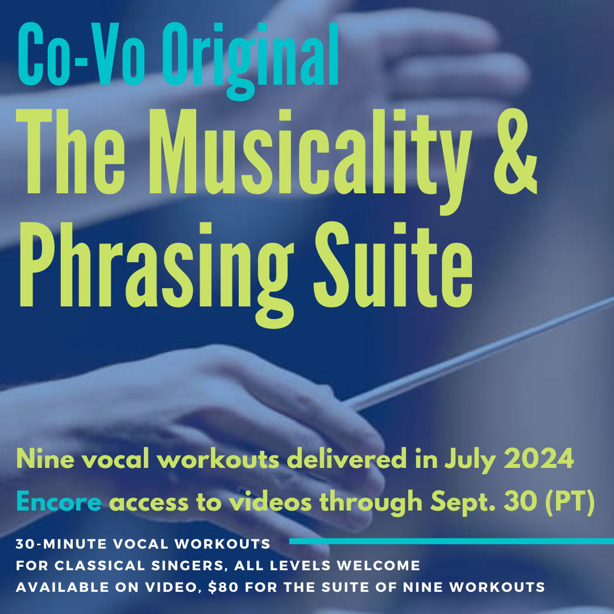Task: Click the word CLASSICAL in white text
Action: pyautogui.click(x=116, y=566)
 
